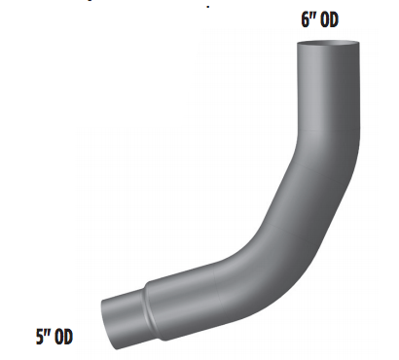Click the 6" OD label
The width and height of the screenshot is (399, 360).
319,19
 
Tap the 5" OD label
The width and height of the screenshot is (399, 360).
54,337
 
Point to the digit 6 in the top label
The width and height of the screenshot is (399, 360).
306,19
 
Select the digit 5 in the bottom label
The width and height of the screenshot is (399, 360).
40,337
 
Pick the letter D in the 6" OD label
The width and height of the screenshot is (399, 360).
334,19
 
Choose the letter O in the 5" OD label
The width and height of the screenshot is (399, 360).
59,337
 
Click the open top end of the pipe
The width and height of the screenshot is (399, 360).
328,43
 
